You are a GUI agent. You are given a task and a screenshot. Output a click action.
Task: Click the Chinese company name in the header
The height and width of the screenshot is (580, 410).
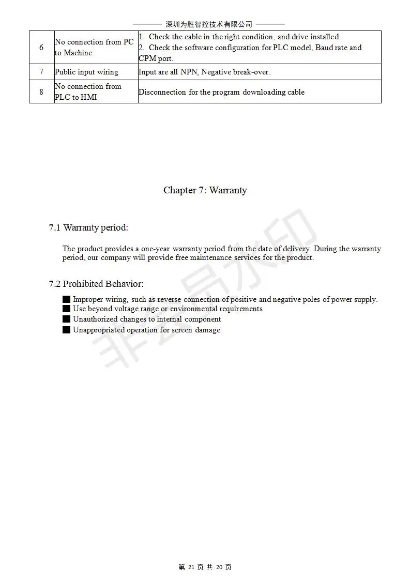tap(208, 24)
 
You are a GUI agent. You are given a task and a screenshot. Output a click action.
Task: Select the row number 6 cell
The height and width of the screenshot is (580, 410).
tap(41, 48)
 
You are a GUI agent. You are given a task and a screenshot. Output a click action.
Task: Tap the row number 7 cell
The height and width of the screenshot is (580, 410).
tap(41, 72)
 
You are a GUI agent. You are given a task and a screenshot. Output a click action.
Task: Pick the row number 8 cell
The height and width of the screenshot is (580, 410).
tap(41, 92)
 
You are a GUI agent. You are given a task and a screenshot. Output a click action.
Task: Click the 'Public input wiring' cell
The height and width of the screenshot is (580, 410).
tap(86, 72)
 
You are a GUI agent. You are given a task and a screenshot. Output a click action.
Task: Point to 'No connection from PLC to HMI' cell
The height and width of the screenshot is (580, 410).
tap(88, 92)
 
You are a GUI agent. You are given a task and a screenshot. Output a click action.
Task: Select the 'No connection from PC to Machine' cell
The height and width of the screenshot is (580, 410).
tap(94, 48)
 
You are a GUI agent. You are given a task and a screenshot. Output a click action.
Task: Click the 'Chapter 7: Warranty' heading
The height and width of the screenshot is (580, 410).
tap(205, 190)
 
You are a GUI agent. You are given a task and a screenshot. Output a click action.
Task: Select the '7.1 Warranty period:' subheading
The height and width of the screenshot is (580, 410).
tap(88, 227)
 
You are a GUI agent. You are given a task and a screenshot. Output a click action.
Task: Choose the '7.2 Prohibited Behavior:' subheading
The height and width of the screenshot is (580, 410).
tap(96, 284)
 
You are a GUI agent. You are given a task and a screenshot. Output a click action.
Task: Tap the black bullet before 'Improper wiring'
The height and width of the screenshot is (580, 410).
tap(66, 299)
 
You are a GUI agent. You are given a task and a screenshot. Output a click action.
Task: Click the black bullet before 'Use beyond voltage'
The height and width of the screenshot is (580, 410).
tap(66, 309)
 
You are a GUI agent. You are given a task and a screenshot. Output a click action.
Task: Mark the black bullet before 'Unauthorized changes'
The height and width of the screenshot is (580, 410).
tap(66, 319)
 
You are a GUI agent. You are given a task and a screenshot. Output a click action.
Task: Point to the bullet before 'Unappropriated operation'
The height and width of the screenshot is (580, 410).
tap(66, 330)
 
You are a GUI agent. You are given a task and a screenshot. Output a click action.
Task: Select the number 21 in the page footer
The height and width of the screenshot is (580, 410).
tap(191, 567)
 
